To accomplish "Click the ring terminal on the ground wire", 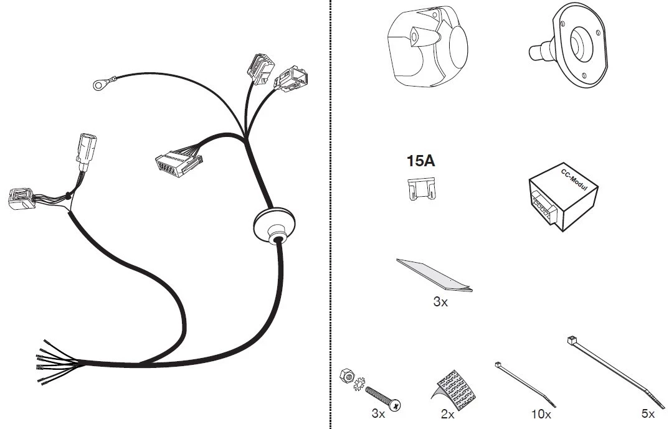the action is pyautogui.click(x=99, y=85).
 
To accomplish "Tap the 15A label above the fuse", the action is pyautogui.click(x=420, y=161).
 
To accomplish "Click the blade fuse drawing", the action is pyautogui.click(x=422, y=189).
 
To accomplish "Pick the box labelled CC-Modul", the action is pyautogui.click(x=563, y=197).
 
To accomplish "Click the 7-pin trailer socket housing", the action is pyautogui.click(x=427, y=47).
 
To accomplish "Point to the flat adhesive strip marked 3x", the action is pyautogui.click(x=434, y=275).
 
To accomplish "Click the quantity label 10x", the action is pyautogui.click(x=541, y=414).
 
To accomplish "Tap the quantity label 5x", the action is pyautogui.click(x=648, y=413).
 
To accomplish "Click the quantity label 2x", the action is pyautogui.click(x=448, y=414).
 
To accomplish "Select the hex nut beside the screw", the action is pyautogui.click(x=346, y=375).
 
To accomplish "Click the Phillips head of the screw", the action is pyautogui.click(x=396, y=405).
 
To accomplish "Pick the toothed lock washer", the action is pyautogui.click(x=359, y=382).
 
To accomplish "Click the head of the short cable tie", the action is pyautogui.click(x=498, y=365).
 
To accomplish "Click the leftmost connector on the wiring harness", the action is pyautogui.click(x=21, y=199).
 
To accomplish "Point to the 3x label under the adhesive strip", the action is pyautogui.click(x=440, y=302).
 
